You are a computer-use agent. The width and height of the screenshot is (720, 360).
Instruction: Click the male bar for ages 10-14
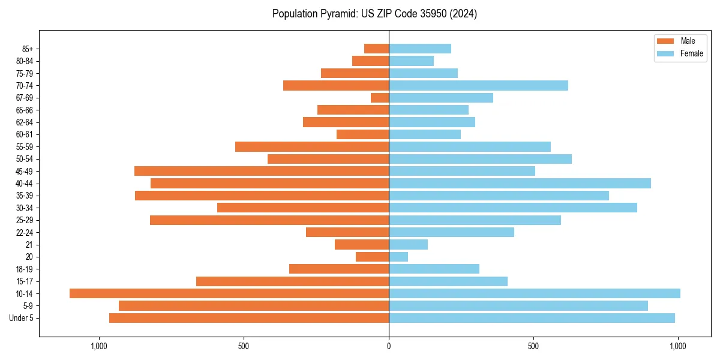(x=229, y=293)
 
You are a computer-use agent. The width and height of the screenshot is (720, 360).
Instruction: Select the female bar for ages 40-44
(x=520, y=183)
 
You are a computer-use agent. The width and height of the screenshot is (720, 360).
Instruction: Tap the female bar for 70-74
(x=478, y=85)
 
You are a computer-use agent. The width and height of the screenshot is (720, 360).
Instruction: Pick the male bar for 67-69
(x=380, y=98)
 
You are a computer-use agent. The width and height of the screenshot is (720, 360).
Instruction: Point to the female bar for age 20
(x=398, y=257)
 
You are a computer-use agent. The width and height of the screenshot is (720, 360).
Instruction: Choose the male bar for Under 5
(x=249, y=318)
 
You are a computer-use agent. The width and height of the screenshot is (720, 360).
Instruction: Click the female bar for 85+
(x=420, y=49)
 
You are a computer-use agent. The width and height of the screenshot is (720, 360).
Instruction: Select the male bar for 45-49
(x=262, y=171)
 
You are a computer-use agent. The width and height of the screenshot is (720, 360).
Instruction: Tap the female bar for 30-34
(x=513, y=208)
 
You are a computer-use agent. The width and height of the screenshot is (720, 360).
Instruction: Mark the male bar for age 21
(x=362, y=244)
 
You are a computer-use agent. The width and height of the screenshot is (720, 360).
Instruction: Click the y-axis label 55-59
(x=25, y=146)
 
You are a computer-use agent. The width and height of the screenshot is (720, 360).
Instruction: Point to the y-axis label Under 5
(x=21, y=318)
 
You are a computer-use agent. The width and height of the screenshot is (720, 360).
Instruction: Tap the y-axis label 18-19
(x=25, y=269)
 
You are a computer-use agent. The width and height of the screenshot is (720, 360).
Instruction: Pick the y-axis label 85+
(x=28, y=49)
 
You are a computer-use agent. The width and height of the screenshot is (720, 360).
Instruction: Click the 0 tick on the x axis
(x=389, y=346)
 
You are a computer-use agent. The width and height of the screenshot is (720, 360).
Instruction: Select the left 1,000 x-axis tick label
(x=99, y=346)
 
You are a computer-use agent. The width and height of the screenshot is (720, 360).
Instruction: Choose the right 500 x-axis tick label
(x=533, y=346)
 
